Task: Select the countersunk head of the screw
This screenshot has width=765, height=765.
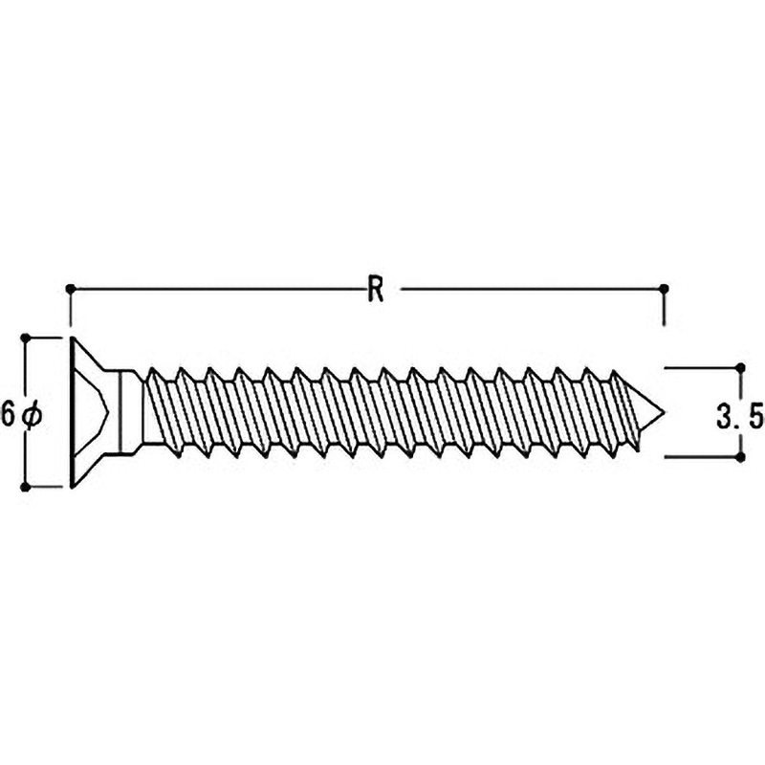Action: (x=90, y=412)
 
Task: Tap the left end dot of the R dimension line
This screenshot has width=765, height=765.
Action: (x=71, y=290)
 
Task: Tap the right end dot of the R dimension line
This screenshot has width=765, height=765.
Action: (x=663, y=290)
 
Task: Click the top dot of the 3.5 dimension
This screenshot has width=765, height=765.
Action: (x=740, y=367)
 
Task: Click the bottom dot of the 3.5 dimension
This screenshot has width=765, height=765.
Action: (x=740, y=458)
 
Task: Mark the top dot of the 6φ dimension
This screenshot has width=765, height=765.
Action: (x=26, y=338)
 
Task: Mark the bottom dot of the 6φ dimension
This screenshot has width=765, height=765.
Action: (x=26, y=487)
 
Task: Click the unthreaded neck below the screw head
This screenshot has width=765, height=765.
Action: (x=131, y=412)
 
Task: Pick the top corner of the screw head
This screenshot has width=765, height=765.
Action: (x=73, y=338)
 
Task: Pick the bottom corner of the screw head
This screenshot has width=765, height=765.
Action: (x=73, y=488)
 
